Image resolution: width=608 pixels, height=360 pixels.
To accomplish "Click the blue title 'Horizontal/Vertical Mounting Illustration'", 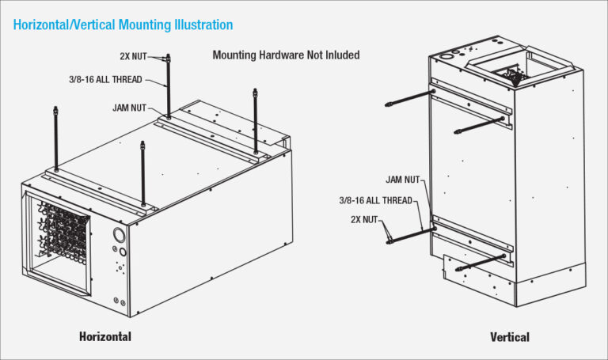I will (123, 25).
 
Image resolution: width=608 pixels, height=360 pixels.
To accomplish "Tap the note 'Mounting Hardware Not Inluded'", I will (286, 55).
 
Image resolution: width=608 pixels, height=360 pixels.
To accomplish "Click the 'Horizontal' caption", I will (105, 336).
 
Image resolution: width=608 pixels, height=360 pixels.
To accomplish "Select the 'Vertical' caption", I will (509, 337).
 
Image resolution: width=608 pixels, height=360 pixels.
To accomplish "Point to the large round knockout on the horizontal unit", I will (119, 235).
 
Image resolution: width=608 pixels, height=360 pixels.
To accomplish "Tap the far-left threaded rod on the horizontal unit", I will (56, 138).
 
